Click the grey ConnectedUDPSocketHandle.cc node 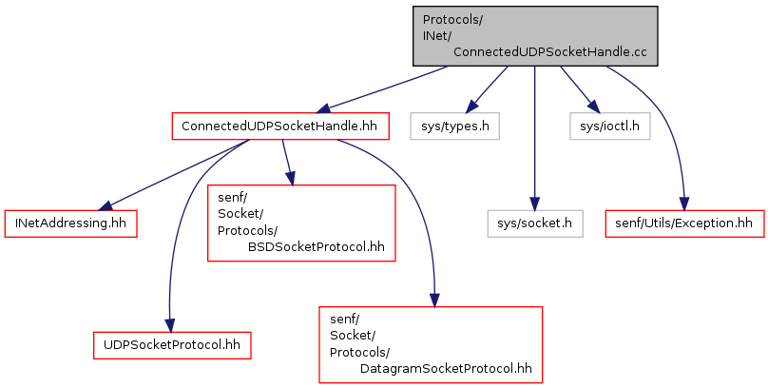pyautogui.click(x=535, y=36)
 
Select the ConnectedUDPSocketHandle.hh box pyautogui.click(x=280, y=126)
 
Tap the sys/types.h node pyautogui.click(x=454, y=126)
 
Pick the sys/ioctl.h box pyautogui.click(x=610, y=126)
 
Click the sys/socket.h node pyautogui.click(x=535, y=223)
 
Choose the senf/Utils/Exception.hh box pyautogui.click(x=684, y=223)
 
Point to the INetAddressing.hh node pyautogui.click(x=70, y=223)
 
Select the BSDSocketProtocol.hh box pyautogui.click(x=301, y=223)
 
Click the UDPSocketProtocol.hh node pyautogui.click(x=172, y=345)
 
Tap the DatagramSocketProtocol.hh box pyautogui.click(x=431, y=344)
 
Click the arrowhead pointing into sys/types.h pyautogui.click(x=472, y=107)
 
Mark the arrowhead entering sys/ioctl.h pyautogui.click(x=593, y=107)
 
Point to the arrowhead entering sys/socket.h pyautogui.click(x=535, y=204)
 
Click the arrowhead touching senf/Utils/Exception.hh pyautogui.click(x=684, y=204)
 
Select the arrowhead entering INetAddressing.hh pyautogui.click(x=106, y=206)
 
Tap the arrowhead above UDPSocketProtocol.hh pyautogui.click(x=169, y=325)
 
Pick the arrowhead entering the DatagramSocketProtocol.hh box pyautogui.click(x=435, y=300)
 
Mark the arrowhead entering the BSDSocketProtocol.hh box pyautogui.click(x=291, y=179)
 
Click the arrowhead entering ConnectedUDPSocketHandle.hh pyautogui.click(x=325, y=108)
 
